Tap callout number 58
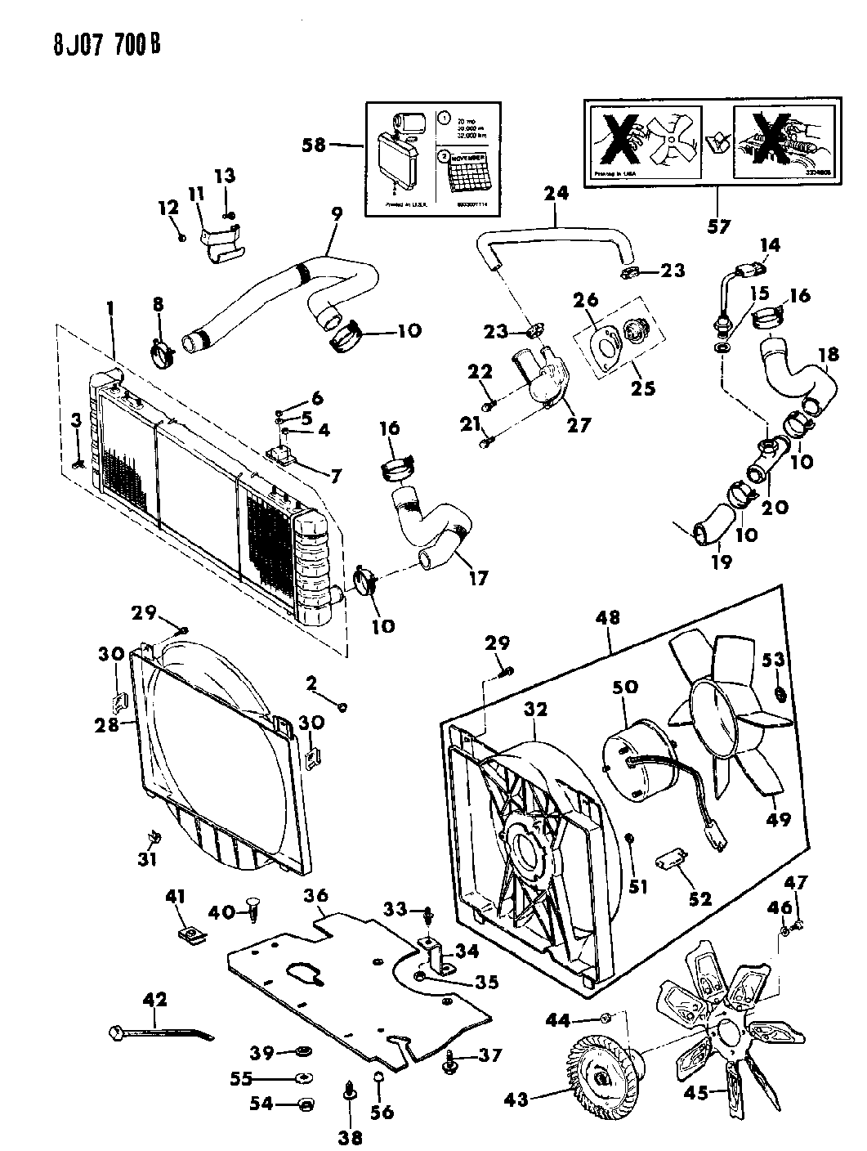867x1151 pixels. pos(314,146)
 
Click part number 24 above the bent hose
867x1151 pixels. pos(555,195)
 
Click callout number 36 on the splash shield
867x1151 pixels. pos(316,896)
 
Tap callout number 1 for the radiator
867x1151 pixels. pos(111,310)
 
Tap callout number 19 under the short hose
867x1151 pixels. pos(722,562)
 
